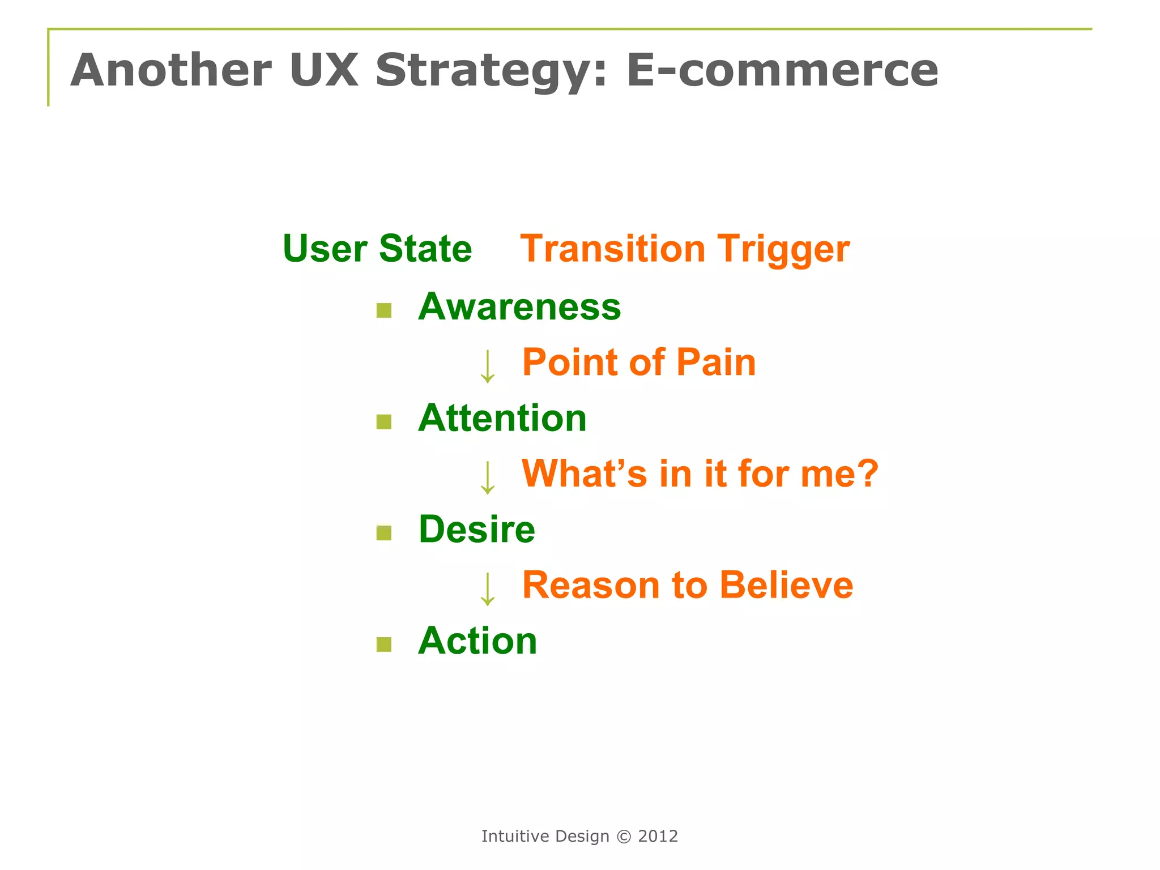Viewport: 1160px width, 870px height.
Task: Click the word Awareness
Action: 519,306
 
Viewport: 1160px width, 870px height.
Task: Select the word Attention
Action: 502,418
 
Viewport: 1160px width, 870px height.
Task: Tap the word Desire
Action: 476,530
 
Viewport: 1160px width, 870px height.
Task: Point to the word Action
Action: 477,641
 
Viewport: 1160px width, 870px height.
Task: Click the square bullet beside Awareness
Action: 384,310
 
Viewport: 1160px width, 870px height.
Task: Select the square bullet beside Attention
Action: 384,422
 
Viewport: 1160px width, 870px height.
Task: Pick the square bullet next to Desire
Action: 384,533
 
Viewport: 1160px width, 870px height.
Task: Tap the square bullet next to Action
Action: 384,645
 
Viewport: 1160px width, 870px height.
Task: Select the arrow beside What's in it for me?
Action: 487,477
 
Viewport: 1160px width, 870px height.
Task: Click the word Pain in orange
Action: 716,362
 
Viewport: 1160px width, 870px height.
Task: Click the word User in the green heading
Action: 325,249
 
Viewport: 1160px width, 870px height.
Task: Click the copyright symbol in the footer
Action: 624,837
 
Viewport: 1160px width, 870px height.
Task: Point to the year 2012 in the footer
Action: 658,836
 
